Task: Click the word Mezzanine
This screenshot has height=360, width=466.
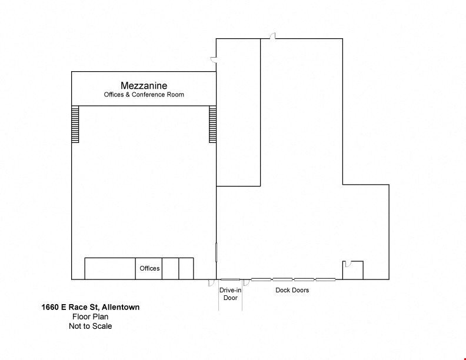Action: [144, 85]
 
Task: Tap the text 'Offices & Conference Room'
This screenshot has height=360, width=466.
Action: [144, 95]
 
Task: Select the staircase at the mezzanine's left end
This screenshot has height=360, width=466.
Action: [75, 124]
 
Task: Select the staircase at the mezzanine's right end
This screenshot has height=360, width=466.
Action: [212, 124]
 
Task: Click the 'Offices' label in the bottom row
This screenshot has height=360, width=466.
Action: [149, 268]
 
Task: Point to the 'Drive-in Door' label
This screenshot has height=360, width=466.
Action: [230, 294]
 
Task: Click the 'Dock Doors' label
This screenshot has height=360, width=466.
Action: [292, 290]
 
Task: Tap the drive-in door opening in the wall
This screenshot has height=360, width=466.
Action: [230, 279]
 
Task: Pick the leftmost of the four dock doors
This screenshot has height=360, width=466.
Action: [261, 279]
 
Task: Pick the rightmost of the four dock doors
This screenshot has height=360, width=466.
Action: [325, 279]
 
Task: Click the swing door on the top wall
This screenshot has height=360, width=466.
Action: [273, 36]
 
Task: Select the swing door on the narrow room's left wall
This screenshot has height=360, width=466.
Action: [214, 59]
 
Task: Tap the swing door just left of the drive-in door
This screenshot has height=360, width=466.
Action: [211, 282]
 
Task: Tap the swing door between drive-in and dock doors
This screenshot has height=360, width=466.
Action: [247, 282]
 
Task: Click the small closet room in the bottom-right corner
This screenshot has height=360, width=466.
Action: [353, 271]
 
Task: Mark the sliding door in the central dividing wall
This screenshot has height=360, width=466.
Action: [216, 252]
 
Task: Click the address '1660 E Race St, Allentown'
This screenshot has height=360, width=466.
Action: [91, 307]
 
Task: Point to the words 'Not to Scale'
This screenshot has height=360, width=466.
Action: [91, 326]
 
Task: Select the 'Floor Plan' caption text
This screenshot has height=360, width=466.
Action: [91, 316]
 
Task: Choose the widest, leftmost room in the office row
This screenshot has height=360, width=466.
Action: [110, 268]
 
